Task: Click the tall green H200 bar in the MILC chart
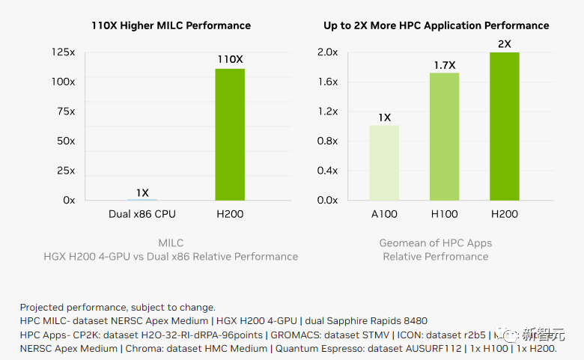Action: [x=230, y=134]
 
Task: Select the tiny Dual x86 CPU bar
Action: [x=142, y=199]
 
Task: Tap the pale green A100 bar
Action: [x=384, y=162]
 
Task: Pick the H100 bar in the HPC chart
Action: [x=444, y=136]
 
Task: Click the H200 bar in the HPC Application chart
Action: [x=505, y=126]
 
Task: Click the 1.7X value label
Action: [x=445, y=65]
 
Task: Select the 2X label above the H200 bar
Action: [x=505, y=44]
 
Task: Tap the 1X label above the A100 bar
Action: [x=384, y=118]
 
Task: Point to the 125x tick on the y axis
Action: [x=64, y=52]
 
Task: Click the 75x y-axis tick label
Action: [x=66, y=112]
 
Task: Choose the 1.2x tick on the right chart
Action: [x=327, y=112]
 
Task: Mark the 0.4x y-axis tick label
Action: [x=327, y=171]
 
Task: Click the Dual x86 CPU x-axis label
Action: [x=142, y=215]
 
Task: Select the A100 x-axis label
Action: [x=384, y=215]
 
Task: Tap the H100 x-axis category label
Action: [x=444, y=215]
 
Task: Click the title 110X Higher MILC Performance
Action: [x=171, y=25]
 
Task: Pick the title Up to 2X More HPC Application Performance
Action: [x=437, y=25]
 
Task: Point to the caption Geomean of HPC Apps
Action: [x=436, y=242]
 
